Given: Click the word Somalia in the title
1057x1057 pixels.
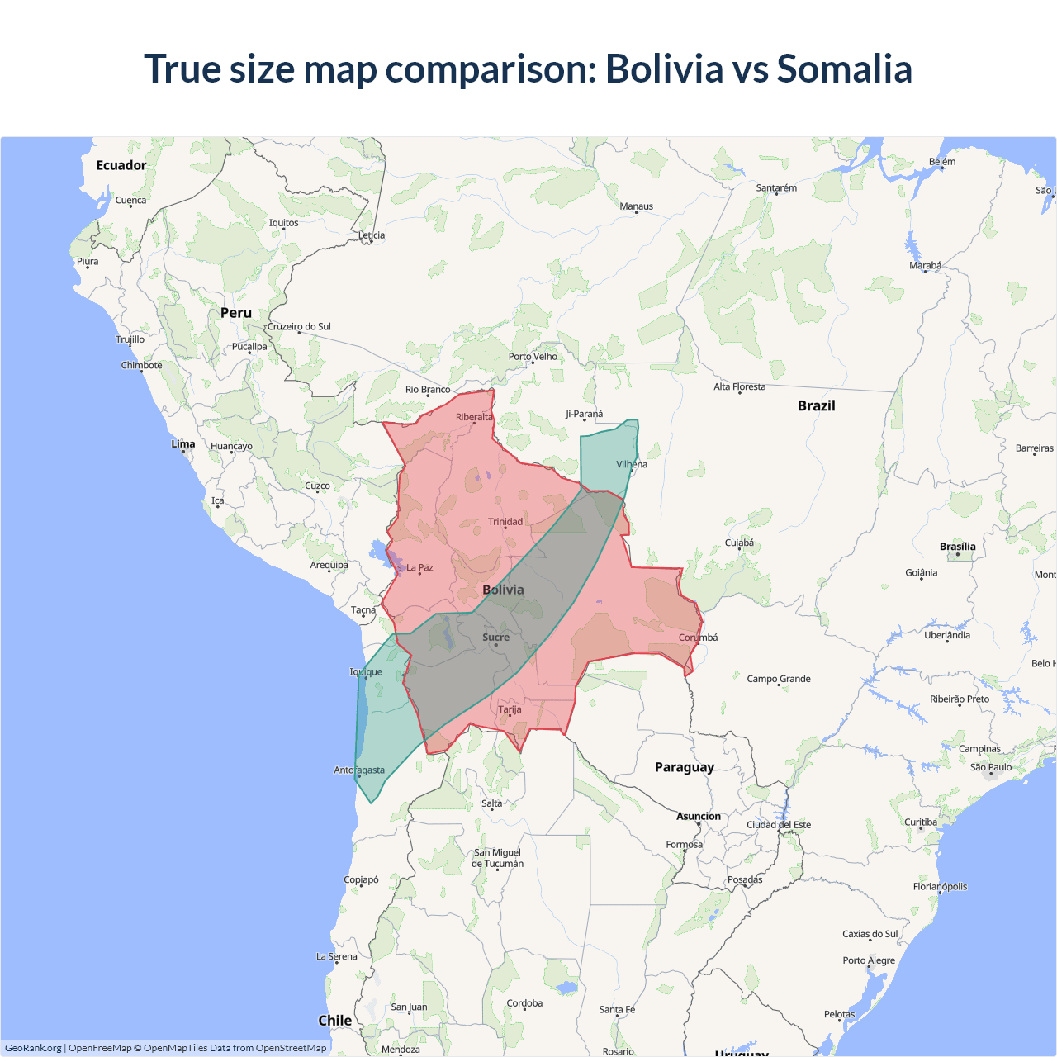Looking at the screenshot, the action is [x=844, y=69].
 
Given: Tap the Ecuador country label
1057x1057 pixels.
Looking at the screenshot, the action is [x=121, y=165].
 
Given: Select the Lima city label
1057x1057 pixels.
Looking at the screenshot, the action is [x=183, y=444].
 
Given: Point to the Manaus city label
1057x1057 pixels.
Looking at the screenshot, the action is [x=636, y=206].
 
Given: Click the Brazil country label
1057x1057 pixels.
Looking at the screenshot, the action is [x=816, y=405].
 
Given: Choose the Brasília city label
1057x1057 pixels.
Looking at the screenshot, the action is [x=957, y=547].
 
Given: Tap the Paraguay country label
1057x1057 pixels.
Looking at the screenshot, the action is [x=684, y=767].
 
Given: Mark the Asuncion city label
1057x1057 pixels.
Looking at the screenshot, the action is [x=699, y=817].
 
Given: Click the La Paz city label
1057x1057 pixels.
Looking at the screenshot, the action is [x=419, y=568].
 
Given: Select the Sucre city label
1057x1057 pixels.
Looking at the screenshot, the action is [x=495, y=638].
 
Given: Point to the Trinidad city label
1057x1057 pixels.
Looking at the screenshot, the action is [x=505, y=522].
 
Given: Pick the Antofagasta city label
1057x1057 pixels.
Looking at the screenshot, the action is [x=359, y=770].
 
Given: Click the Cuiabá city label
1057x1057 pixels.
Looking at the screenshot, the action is [x=739, y=543].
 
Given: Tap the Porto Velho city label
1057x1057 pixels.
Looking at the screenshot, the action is [x=533, y=357].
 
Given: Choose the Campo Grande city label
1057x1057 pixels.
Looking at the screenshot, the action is [x=779, y=679].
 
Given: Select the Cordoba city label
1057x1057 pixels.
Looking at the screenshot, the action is [x=524, y=1003].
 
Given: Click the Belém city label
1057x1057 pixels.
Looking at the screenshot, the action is [x=941, y=162].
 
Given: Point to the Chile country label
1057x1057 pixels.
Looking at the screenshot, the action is [x=334, y=1021].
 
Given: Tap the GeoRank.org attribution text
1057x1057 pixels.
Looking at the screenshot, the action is [x=33, y=1048].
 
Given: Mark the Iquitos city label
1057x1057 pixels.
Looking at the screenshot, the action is [x=283, y=223].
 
